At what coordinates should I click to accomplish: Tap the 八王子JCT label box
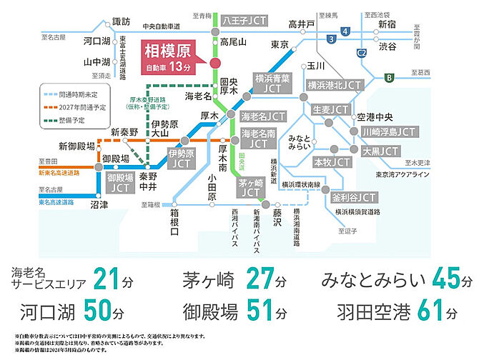tap(243, 19)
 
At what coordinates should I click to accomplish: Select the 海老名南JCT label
tap(262, 139)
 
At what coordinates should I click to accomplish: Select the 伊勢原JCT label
tap(181, 159)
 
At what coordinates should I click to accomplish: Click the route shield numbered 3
tap(330, 38)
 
